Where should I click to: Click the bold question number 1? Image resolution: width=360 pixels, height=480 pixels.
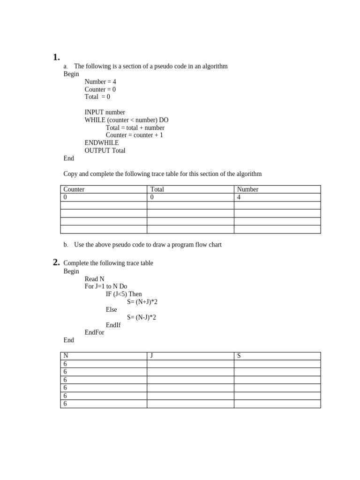point(56,57)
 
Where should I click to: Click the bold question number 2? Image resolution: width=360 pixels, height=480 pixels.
point(56,262)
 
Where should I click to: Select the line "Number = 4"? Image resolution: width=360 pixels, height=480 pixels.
point(100,82)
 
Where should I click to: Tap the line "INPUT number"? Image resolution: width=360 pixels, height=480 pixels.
point(105,112)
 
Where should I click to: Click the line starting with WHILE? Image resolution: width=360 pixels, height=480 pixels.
point(126,120)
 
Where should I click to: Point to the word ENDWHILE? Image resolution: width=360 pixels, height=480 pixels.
point(102,143)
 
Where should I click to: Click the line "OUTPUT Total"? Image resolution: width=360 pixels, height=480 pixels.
point(105,150)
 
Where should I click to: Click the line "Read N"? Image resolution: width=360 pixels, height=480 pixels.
point(94,279)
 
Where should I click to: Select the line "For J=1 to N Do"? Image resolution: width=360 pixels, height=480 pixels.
point(105,286)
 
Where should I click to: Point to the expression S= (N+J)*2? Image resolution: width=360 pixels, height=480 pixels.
point(142,302)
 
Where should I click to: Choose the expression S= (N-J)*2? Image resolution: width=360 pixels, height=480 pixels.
point(142,317)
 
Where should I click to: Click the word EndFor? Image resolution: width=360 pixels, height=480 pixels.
point(94,332)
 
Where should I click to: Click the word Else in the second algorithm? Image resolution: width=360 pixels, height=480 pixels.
point(112,310)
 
